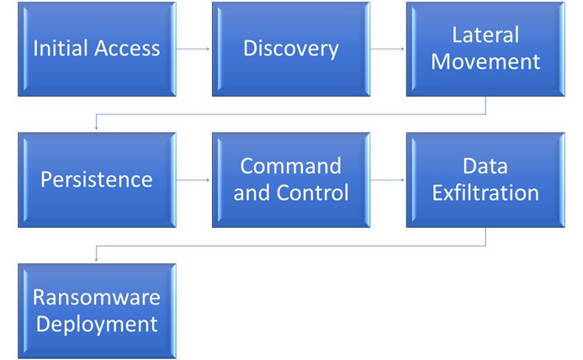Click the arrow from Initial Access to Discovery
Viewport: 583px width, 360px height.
193,49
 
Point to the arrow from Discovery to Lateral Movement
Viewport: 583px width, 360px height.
388,49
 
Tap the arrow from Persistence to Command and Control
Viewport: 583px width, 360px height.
193,180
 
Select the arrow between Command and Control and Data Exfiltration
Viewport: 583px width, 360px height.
388,180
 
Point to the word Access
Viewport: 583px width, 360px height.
126,48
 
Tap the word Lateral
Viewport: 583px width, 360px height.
485,35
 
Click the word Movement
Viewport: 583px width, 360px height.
485,61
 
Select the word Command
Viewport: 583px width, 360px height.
291,166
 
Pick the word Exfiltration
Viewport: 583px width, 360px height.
485,193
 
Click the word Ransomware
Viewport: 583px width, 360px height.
97,298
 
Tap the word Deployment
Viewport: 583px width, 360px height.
97,324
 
